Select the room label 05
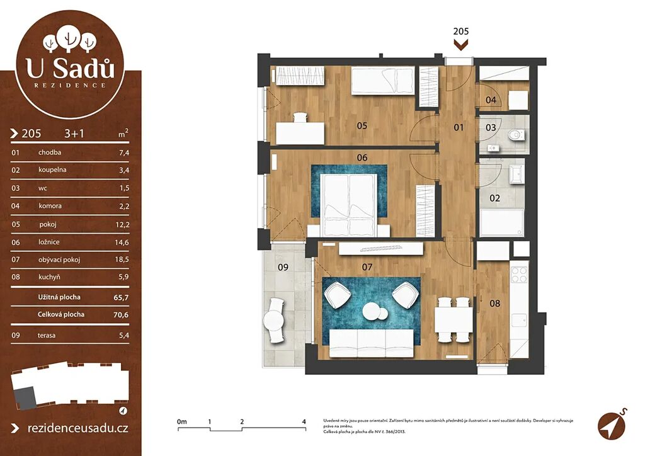362,125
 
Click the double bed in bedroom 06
349,204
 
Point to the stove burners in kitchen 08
519,275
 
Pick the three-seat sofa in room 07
372,343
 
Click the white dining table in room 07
454,320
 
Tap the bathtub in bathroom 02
502,222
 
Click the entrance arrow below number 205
460,45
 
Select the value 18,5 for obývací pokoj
122,259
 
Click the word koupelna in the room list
52,169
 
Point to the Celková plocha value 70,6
122,314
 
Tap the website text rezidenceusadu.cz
77,428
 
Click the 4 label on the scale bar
304,421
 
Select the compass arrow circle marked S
611,426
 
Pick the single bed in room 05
382,81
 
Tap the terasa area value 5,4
124,336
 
